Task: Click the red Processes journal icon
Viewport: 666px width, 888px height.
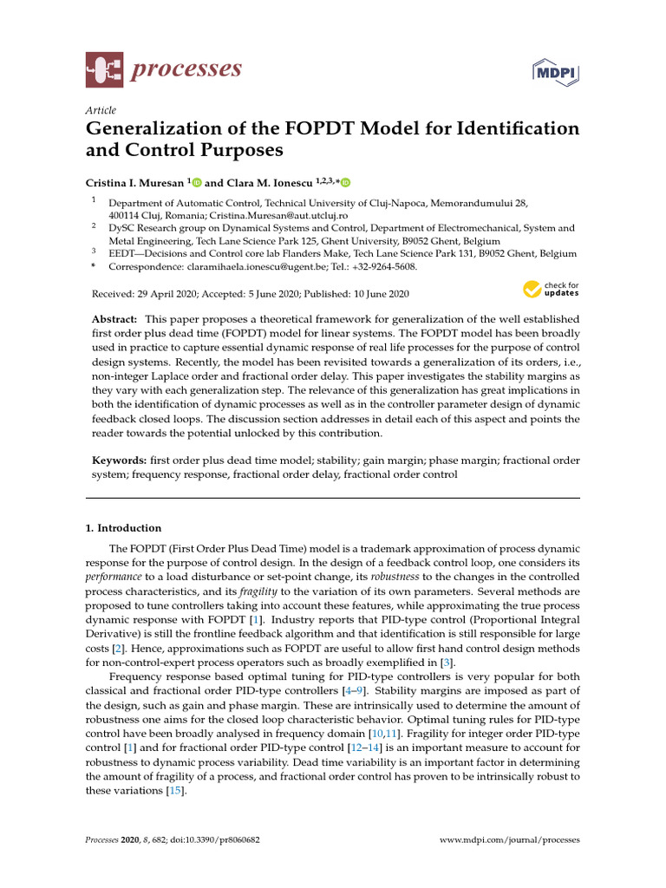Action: point(104,69)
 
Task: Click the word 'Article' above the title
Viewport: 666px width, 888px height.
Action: point(101,110)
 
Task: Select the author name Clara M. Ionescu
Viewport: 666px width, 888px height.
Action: point(272,182)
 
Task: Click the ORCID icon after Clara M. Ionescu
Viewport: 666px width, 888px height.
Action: point(346,182)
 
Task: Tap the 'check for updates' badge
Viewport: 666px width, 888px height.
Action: point(551,289)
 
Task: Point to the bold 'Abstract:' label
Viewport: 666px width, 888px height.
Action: point(116,320)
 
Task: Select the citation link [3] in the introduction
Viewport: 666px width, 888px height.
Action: point(443,663)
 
